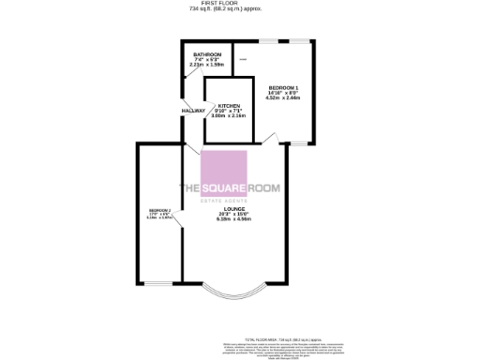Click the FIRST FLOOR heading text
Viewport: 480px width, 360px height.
coord(240,4)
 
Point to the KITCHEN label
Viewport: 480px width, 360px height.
coord(230,105)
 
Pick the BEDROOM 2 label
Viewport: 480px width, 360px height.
coord(160,210)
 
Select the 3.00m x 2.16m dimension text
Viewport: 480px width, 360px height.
coord(230,116)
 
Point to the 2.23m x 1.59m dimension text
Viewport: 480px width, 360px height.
coord(206,65)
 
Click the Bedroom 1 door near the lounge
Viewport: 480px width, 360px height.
coord(270,141)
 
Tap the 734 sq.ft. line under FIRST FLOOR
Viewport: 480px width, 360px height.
coord(240,9)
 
